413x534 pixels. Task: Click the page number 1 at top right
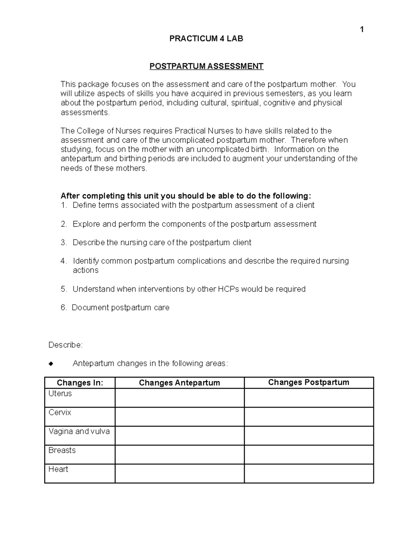362,30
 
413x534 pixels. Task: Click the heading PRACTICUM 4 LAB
206,39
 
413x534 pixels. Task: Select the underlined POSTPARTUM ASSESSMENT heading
206,66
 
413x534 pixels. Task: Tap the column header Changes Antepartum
179,383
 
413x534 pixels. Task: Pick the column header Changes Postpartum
308,382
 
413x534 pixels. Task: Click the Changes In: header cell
80,383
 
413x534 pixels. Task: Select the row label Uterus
60,394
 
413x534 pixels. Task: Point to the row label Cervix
60,413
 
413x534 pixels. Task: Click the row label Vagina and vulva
79,432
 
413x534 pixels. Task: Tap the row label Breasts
62,450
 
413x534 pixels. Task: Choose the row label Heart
59,469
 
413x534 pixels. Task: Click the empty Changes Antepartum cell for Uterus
179,398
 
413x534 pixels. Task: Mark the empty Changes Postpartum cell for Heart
308,473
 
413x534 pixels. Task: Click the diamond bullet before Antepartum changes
51,364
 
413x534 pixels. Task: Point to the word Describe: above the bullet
66,345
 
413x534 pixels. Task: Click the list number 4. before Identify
64,261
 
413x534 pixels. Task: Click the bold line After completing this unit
186,196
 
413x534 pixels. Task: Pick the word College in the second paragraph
91,131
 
